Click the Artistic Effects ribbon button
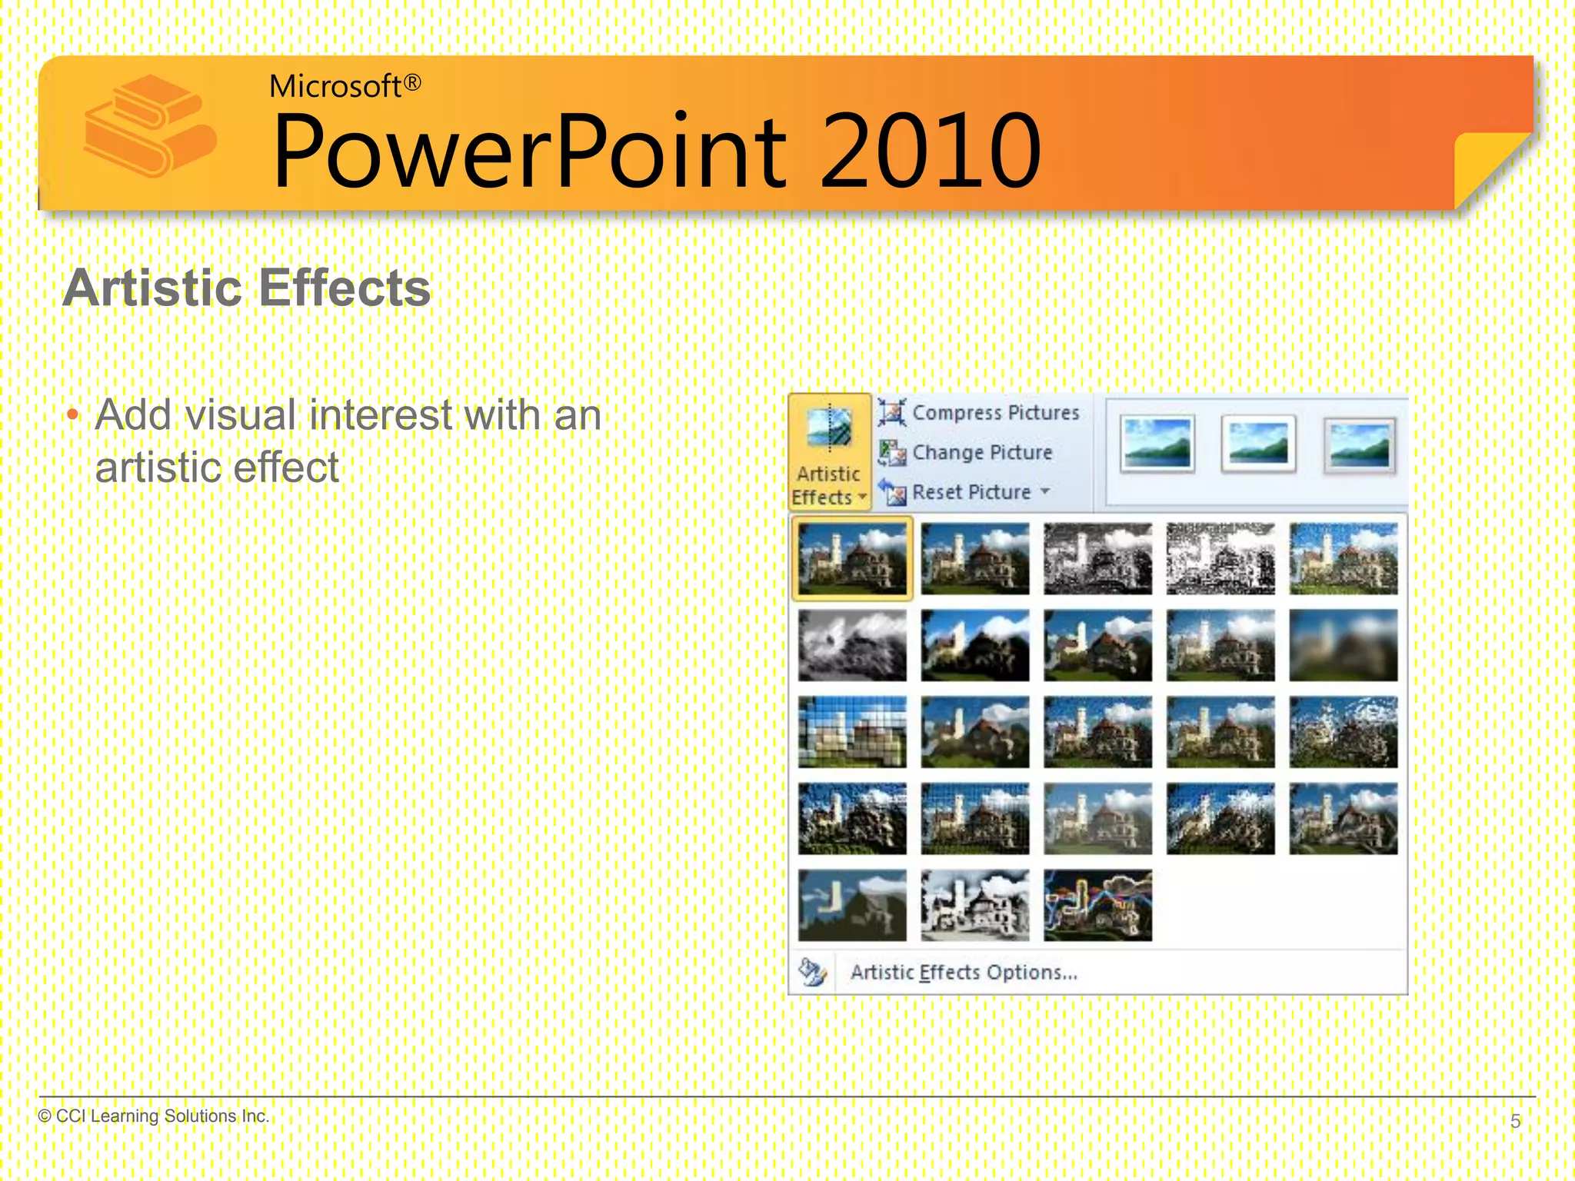(829, 452)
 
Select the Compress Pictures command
(994, 413)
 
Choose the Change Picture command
(981, 453)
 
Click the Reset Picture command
(971, 492)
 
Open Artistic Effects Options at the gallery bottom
(963, 973)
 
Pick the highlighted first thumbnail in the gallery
(852, 558)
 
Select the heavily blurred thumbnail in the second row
(1343, 646)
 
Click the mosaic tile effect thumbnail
(852, 732)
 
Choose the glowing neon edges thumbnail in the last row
(1097, 906)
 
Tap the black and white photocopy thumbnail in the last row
(974, 906)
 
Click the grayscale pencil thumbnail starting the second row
(852, 646)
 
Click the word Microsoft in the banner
(335, 86)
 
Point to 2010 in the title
(930, 151)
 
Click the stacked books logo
(149, 126)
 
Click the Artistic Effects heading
(247, 288)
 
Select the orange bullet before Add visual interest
(73, 417)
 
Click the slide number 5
(1515, 1121)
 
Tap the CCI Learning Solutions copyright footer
(154, 1116)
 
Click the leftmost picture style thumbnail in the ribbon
(1157, 443)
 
